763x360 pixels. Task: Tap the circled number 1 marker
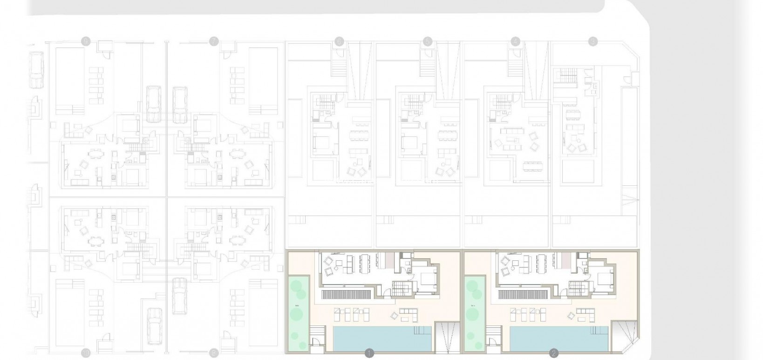[369, 353]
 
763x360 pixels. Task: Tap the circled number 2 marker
[553, 353]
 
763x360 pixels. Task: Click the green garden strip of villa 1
[297, 312]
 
